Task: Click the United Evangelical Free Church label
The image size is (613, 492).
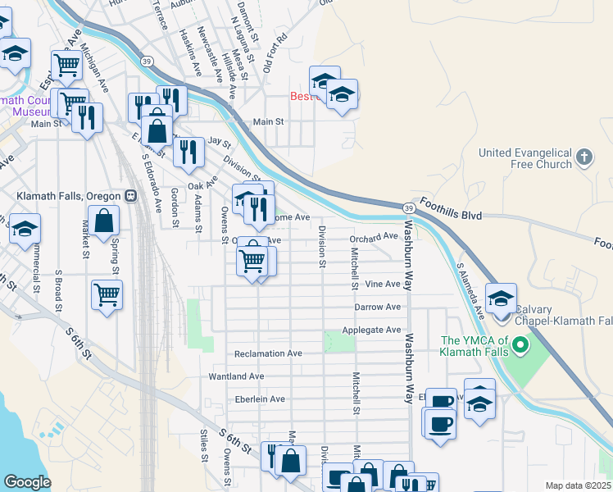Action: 524,158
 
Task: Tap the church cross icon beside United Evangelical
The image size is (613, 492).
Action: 583,157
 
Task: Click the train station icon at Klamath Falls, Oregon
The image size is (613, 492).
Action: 130,197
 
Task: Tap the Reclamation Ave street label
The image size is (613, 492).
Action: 268,354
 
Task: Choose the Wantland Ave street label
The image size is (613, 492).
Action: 236,376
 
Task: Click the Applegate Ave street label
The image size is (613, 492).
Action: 377,330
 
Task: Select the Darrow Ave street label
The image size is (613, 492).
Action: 377,307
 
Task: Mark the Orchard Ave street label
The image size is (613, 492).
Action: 373,236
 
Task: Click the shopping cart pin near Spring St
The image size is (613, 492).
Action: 107,294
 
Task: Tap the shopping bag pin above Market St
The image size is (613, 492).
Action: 104,221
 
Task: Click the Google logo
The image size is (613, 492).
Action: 27,482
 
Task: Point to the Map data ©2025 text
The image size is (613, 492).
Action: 578,485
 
